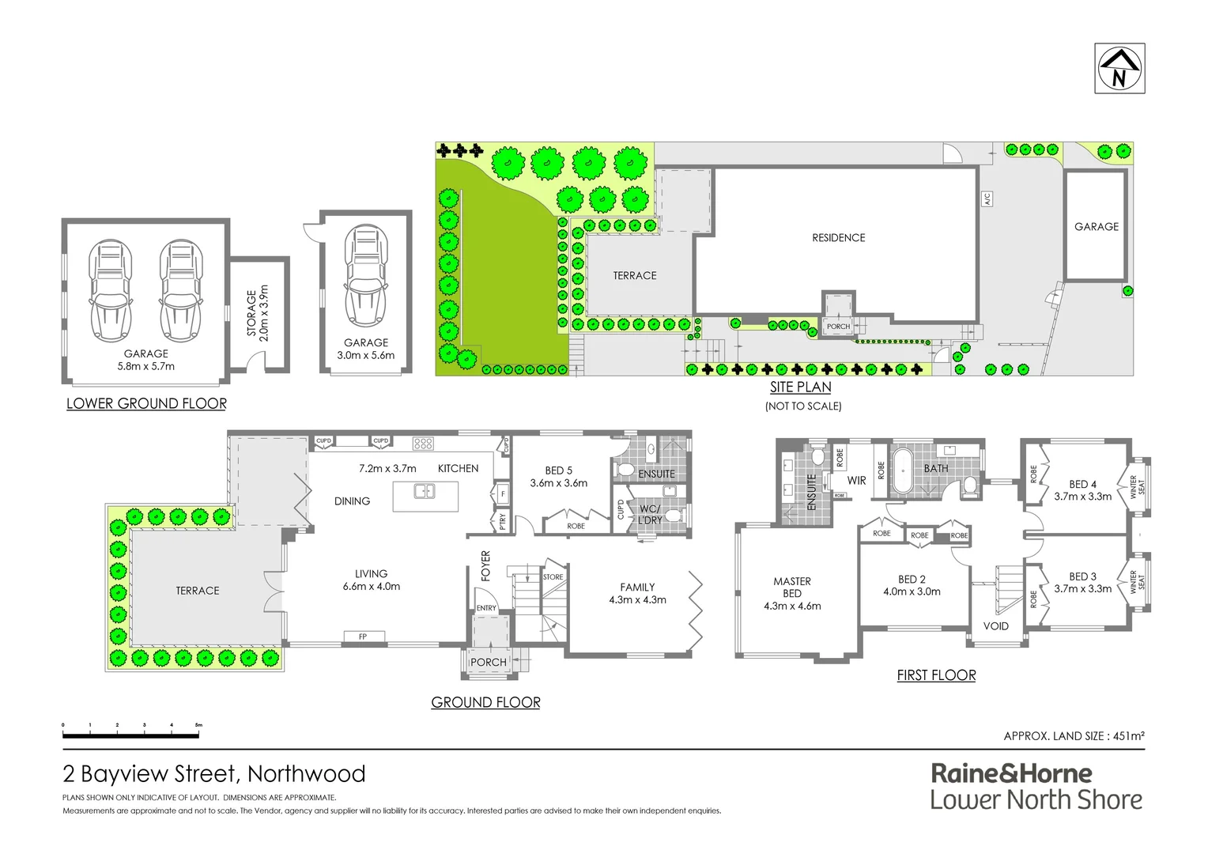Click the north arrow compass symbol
coord(1119,69)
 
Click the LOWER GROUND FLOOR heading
coord(146,403)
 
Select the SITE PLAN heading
coord(801,387)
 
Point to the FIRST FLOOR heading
coord(936,675)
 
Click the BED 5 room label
coord(559,470)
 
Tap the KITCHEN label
coord(458,468)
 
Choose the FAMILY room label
coord(637,588)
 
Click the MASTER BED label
coord(792,587)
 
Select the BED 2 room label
coord(912,580)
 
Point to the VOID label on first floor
coord(995,626)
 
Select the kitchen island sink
coord(425,492)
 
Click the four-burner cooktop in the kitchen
coord(423,444)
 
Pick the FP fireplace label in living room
coord(363,637)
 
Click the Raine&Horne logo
coord(1036,787)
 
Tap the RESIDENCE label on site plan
coord(838,237)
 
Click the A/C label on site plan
coord(987,198)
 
